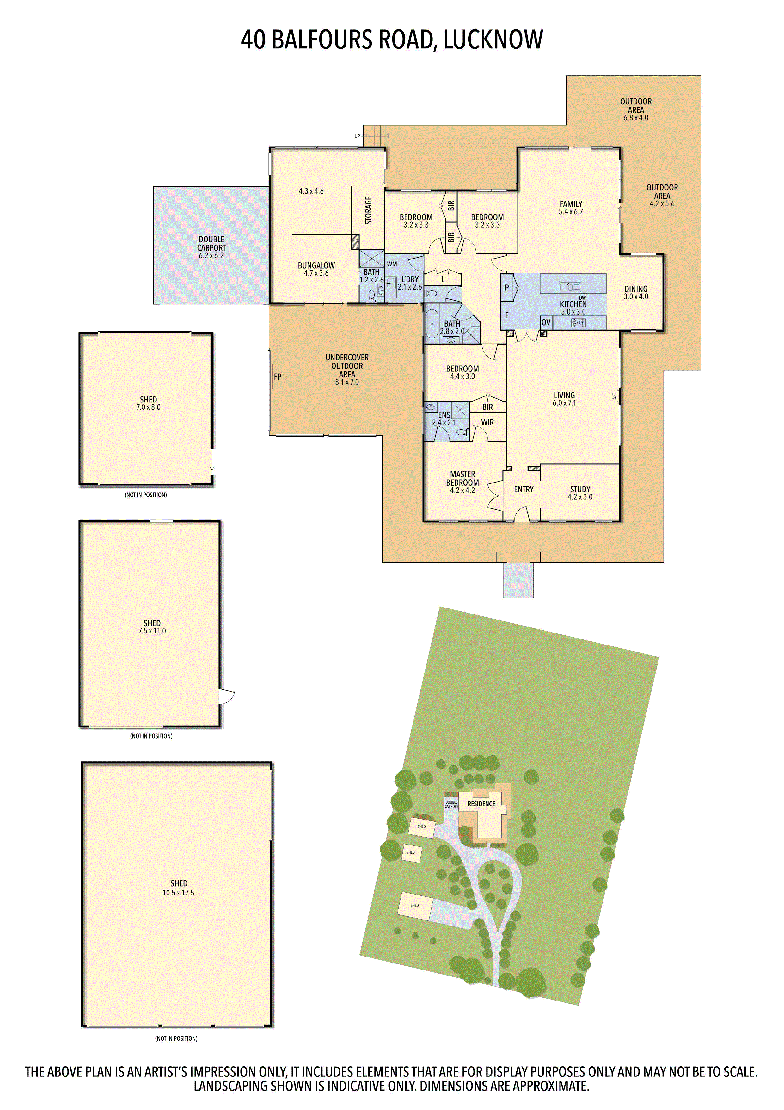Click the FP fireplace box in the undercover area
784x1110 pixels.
(277, 376)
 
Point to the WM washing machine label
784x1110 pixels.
(392, 264)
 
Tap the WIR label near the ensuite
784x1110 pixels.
(487, 422)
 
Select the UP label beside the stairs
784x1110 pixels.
(357, 136)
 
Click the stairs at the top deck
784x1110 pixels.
(375, 136)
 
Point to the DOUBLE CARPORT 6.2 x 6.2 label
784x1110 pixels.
(211, 247)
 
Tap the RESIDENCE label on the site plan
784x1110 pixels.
(481, 804)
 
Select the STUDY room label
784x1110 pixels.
(580, 489)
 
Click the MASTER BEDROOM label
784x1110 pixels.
(462, 479)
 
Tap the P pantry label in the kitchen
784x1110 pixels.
(507, 288)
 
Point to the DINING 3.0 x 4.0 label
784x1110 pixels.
(636, 292)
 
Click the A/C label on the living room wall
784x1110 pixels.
(615, 396)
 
